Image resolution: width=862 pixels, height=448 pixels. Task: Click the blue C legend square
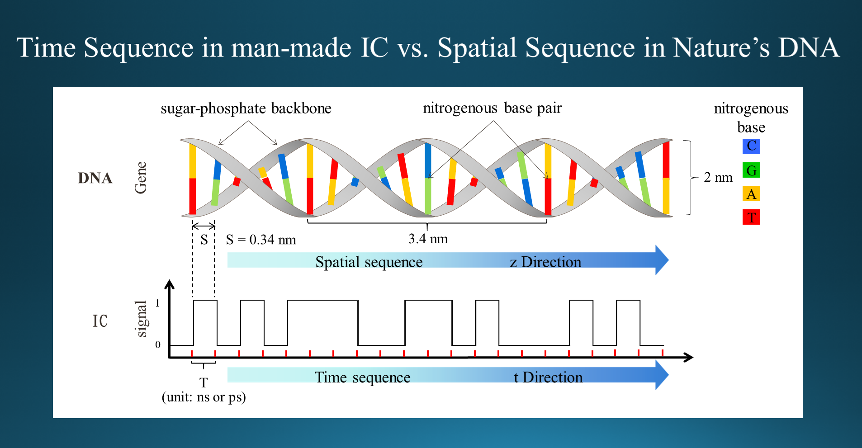click(x=751, y=146)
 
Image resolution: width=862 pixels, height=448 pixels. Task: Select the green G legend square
click(x=751, y=170)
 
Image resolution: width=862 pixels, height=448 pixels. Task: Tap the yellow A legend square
click(x=751, y=194)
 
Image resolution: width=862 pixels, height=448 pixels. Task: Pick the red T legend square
click(x=751, y=217)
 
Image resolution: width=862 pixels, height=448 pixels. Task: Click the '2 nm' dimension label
click(x=718, y=177)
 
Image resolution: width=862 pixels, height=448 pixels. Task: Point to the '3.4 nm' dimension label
click(x=428, y=239)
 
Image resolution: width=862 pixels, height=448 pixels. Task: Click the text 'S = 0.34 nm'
click(x=261, y=239)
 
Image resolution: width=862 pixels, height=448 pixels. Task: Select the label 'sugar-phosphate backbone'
click(x=246, y=108)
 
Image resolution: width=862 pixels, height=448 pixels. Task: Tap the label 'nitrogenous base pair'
click(x=492, y=108)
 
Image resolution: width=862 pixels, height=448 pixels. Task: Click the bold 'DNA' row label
click(x=95, y=178)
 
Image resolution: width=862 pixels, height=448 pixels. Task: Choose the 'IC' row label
click(x=100, y=321)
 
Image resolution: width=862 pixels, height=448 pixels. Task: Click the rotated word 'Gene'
click(x=141, y=178)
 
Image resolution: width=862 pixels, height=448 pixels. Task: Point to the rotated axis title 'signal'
click(x=142, y=319)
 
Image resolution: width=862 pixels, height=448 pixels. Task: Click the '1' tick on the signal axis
click(x=157, y=303)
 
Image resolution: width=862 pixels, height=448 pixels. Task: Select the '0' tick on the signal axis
click(x=158, y=344)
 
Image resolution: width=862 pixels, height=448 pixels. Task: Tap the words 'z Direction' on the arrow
click(x=545, y=262)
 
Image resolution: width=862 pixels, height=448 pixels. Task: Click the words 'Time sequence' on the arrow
click(x=363, y=377)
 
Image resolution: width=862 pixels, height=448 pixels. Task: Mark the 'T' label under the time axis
click(x=204, y=383)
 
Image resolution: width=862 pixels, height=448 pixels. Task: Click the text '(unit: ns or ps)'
click(x=204, y=397)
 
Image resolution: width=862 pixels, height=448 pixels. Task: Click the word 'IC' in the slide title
click(x=374, y=47)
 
